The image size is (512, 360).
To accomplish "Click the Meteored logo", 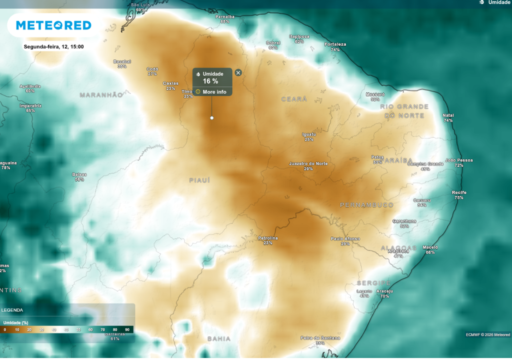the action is (53, 25).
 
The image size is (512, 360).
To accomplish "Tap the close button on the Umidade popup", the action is (238, 73).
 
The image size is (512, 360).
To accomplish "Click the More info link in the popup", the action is (214, 92).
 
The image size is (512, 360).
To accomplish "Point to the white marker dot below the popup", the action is (211, 118).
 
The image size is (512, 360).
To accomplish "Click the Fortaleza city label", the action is (335, 44).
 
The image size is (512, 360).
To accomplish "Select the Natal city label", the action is (448, 115).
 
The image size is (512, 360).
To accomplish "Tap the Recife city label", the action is (459, 192).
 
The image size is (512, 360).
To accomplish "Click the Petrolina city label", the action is (267, 238).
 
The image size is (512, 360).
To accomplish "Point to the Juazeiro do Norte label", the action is (308, 164).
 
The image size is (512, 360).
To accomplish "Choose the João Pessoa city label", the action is (458, 160).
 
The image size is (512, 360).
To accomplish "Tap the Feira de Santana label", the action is (320, 338).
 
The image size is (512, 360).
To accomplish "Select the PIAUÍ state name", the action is (199, 180).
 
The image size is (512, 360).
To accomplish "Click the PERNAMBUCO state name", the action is (366, 205).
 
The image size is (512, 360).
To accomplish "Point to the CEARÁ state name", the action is (294, 99).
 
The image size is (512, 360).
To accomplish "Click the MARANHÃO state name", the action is (101, 94).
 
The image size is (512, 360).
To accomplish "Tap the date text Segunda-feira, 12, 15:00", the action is (53, 47).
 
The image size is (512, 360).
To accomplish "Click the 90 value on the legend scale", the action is (127, 330).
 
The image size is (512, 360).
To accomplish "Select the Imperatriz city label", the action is (30, 106).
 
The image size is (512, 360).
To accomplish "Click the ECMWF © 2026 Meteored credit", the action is (487, 334).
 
